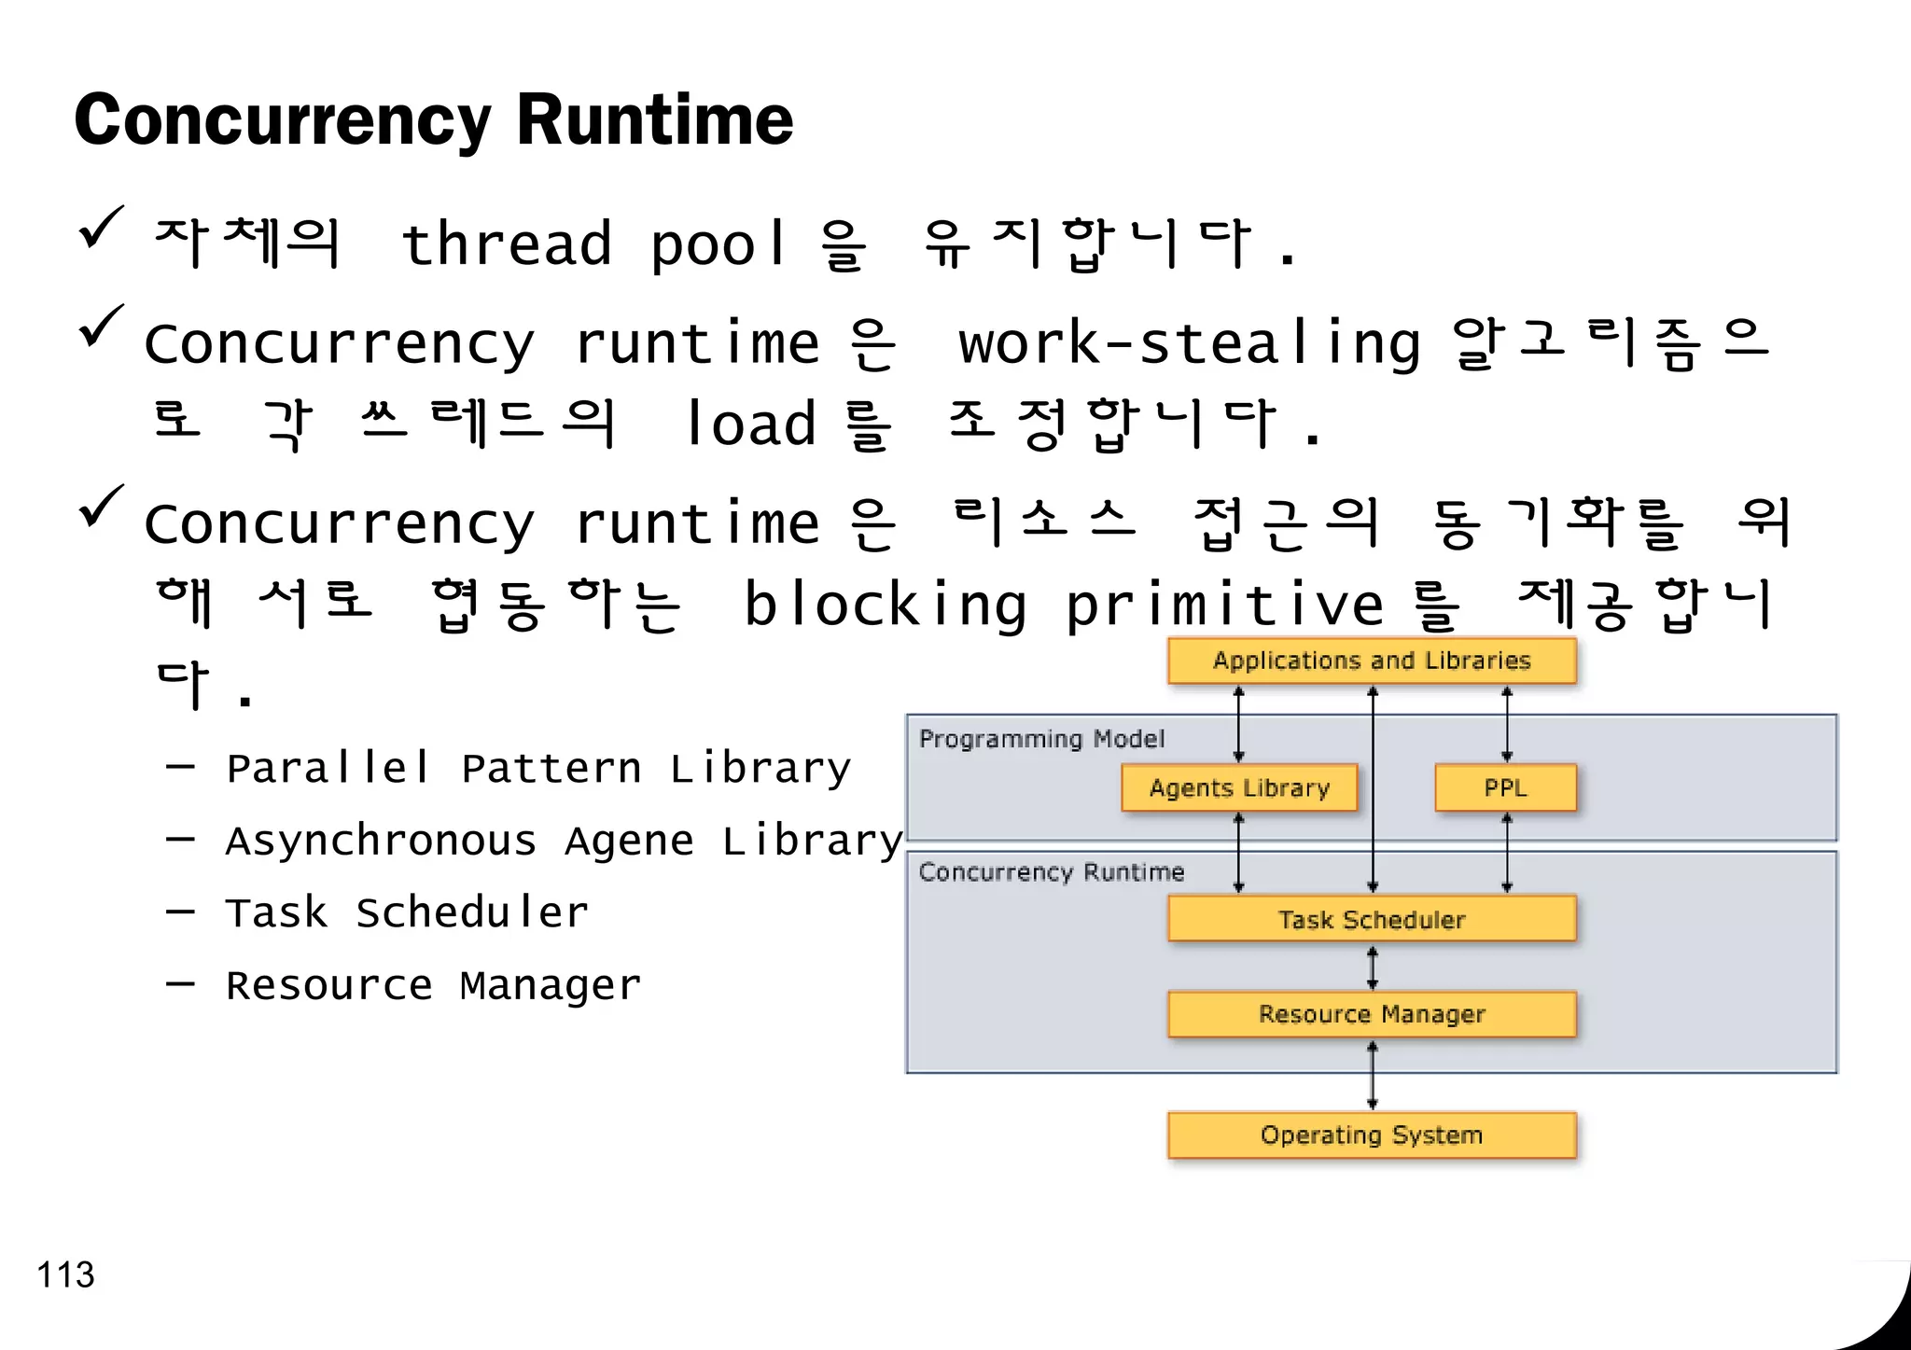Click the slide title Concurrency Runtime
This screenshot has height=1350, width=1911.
[x=433, y=121]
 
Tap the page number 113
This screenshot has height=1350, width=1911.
[x=65, y=1274]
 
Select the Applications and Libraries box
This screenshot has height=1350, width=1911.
[x=1372, y=661]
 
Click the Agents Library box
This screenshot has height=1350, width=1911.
[x=1239, y=788]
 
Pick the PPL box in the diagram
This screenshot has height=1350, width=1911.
[x=1505, y=788]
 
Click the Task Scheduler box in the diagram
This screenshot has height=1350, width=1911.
[x=1372, y=920]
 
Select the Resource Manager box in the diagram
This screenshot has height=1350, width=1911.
[x=1372, y=1014]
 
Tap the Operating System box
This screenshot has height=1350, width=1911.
[x=1372, y=1135]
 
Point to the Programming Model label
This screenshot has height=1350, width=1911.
[x=1041, y=739]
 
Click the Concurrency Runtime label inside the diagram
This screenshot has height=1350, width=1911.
[x=1052, y=872]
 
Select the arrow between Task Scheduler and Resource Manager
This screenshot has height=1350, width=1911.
[x=1372, y=967]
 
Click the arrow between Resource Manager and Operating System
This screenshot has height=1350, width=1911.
[x=1372, y=1075]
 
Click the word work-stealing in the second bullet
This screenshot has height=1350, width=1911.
[x=1190, y=343]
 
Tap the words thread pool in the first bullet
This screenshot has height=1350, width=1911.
[x=594, y=244]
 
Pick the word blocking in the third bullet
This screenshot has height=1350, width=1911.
[x=885, y=605]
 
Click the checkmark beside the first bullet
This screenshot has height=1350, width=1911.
[x=101, y=229]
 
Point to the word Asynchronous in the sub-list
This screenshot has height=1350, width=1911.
[x=381, y=842]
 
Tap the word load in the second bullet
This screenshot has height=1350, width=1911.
[x=751, y=424]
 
